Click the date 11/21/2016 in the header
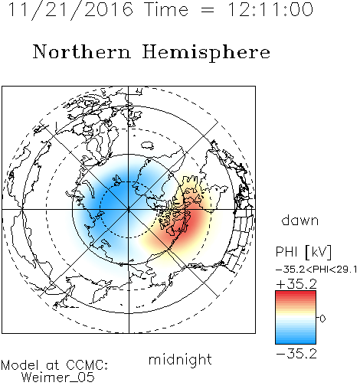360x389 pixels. click(x=70, y=9)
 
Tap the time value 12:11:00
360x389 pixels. click(x=270, y=9)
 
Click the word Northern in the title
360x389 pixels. click(x=82, y=52)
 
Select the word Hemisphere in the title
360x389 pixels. click(x=206, y=53)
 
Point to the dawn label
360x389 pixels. click(x=300, y=220)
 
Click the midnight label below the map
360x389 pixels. click(x=180, y=359)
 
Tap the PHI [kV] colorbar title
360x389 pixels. click(x=304, y=252)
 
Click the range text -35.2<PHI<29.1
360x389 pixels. click(x=316, y=270)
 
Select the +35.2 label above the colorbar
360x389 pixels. click(x=296, y=284)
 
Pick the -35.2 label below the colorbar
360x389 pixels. click(x=296, y=354)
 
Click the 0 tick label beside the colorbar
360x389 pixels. click(x=322, y=319)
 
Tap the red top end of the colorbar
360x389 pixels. click(x=296, y=293)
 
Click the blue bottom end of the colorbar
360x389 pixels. click(x=296, y=342)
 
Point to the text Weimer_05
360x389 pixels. click(x=58, y=378)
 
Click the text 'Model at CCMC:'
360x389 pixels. click(x=54, y=365)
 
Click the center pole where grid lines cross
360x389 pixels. click(x=129, y=210)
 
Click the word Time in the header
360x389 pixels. click(x=166, y=9)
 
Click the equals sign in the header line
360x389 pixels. click(x=208, y=10)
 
